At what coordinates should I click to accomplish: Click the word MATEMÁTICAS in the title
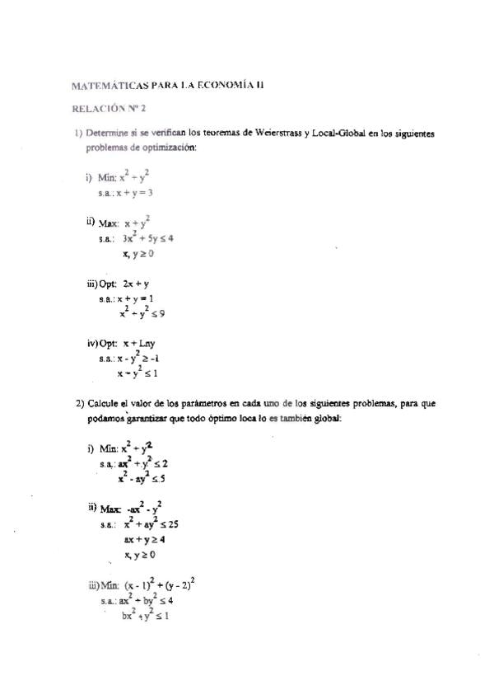point(110,85)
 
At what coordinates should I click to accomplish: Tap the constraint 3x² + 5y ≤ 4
point(147,238)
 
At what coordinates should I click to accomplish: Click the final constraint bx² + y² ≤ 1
point(145,616)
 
